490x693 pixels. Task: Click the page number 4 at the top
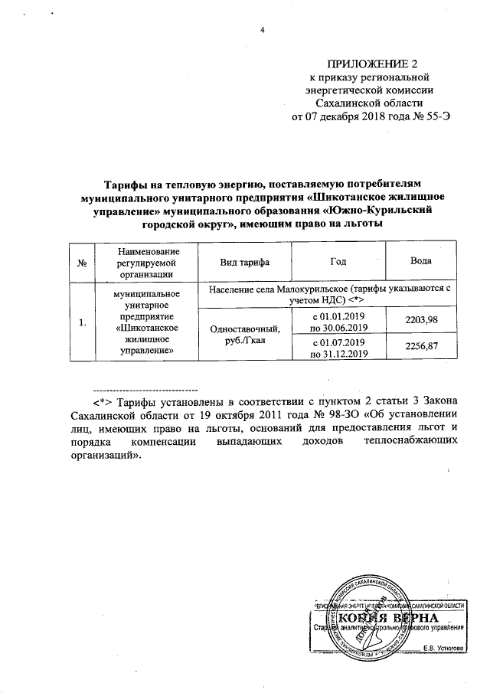(x=263, y=30)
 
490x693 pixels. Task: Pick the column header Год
(x=338, y=263)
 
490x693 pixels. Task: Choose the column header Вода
(x=421, y=263)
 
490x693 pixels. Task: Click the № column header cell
(x=81, y=263)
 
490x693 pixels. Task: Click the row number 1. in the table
(x=81, y=322)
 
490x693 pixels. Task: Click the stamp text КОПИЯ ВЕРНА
(x=389, y=618)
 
